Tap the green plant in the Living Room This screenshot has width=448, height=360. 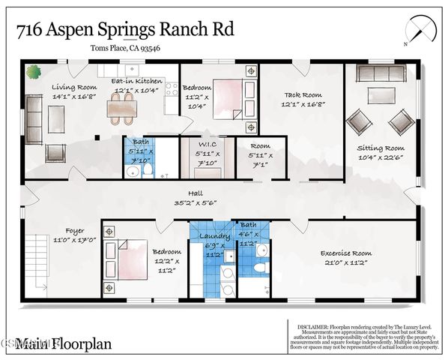tap(34, 72)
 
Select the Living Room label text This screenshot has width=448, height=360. tap(70, 87)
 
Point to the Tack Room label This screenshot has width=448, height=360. tap(303, 95)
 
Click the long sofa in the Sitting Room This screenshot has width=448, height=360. tap(381, 73)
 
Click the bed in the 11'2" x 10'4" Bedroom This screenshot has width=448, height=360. tap(229, 99)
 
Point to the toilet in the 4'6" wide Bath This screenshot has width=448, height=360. tap(259, 267)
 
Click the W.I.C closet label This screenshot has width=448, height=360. tap(208, 145)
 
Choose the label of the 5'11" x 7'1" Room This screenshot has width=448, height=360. tap(260, 145)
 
